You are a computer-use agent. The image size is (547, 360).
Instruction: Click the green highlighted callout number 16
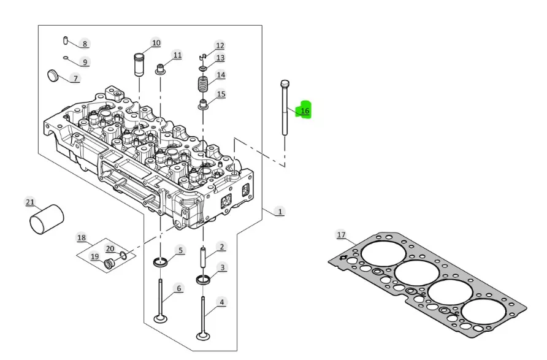coord(305,110)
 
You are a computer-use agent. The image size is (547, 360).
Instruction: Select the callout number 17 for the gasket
coord(341,235)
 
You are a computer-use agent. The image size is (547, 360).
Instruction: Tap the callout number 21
coord(30,202)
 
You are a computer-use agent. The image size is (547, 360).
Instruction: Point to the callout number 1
coord(280,212)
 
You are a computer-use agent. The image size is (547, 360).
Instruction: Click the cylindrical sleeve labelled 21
coord(47,219)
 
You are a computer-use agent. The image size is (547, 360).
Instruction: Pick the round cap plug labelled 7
coord(52,75)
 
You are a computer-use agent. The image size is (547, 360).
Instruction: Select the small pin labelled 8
coord(66,40)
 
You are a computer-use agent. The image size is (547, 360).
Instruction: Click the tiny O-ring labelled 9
coord(66,58)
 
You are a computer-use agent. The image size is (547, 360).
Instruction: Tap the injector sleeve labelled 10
coord(139,64)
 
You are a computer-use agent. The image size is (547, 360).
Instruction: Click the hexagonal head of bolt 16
coord(285,84)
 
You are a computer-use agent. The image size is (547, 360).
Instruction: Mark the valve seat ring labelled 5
coord(160,262)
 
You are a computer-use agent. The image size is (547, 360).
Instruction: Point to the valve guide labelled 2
coord(203,257)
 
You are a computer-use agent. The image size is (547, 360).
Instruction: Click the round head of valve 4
coord(203,336)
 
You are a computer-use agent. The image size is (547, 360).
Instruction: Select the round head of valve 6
coord(160,319)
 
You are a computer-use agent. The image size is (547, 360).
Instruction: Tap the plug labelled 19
coord(110,264)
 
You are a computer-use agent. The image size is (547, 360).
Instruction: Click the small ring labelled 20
coord(123,255)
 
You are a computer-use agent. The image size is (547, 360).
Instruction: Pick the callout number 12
coord(220,45)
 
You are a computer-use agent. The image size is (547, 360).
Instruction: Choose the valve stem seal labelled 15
coord(203,105)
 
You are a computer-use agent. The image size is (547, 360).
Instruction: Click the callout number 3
coord(222,267)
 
